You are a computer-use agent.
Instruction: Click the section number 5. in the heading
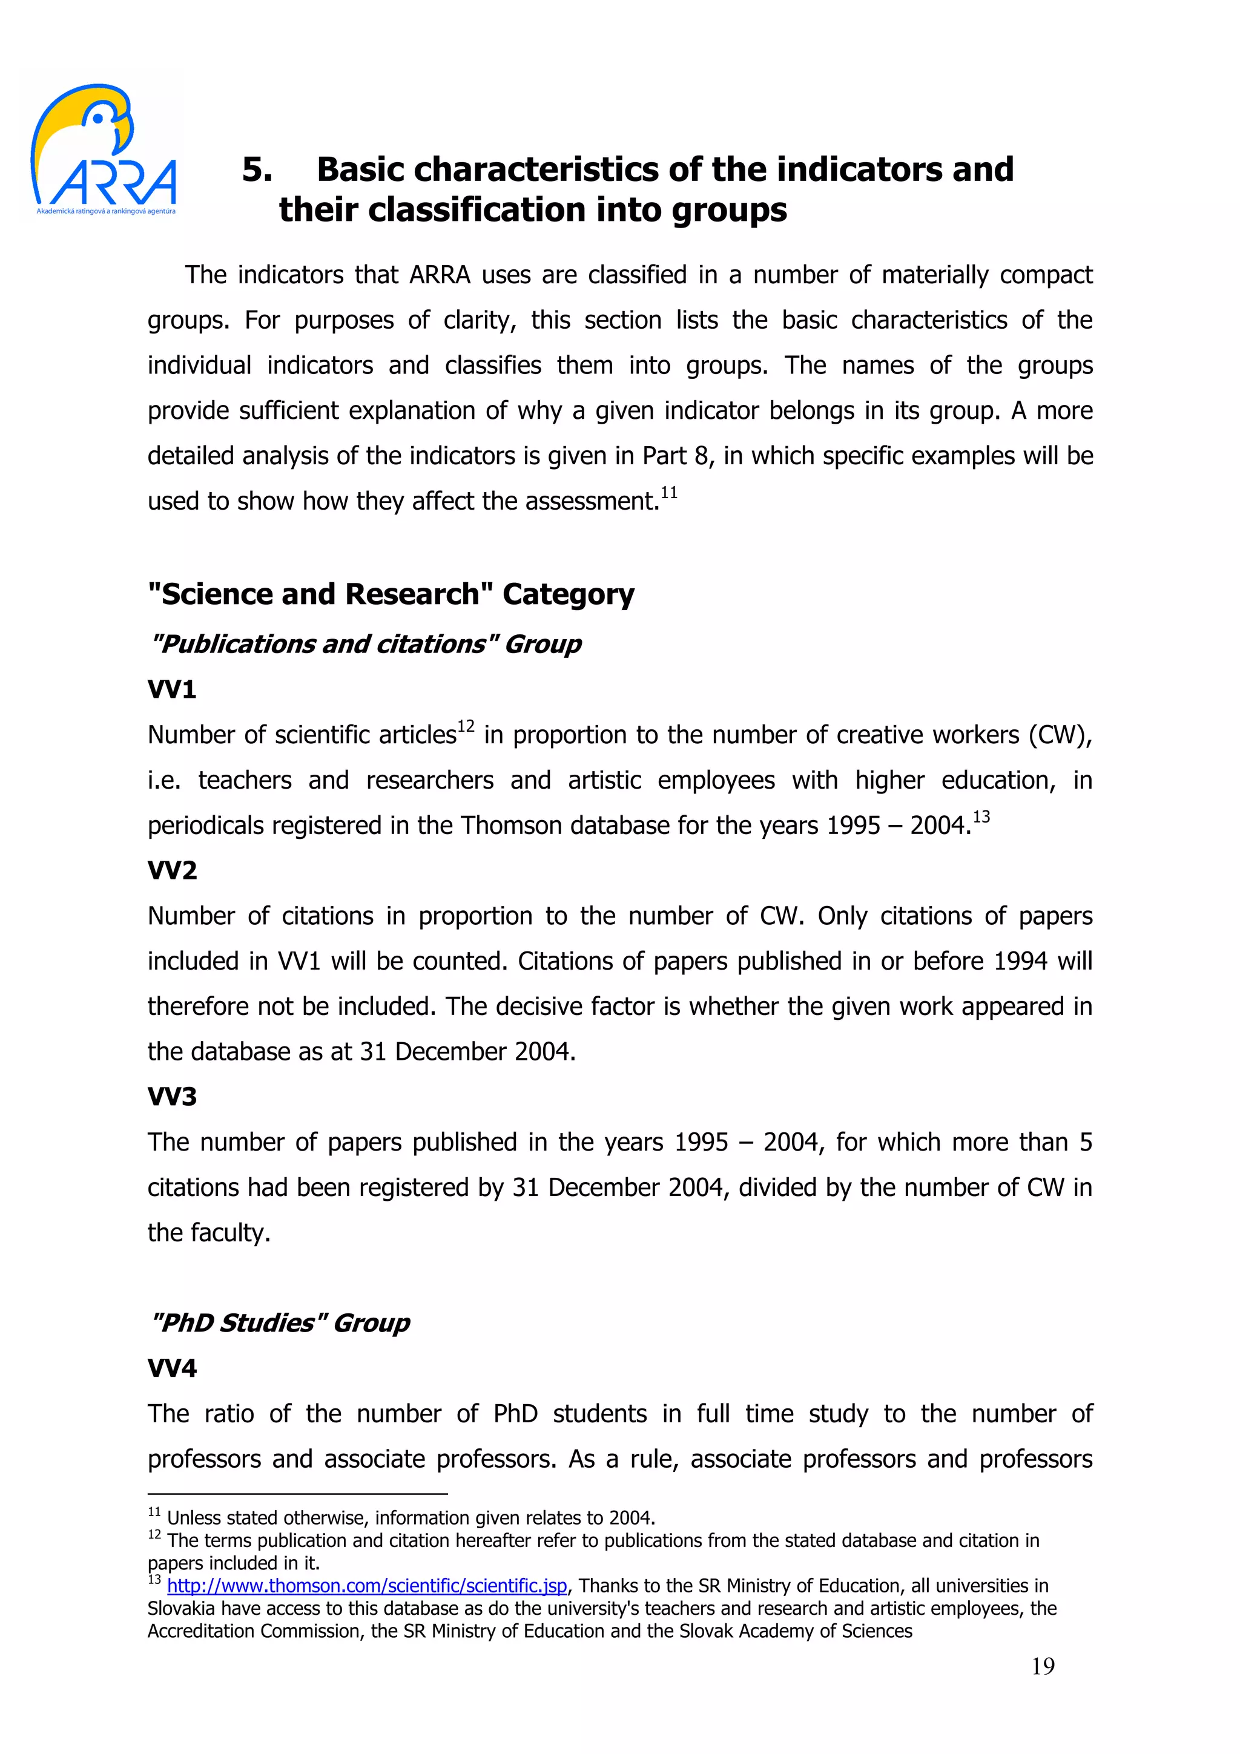pyautogui.click(x=257, y=169)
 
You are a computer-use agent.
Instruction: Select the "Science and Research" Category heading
pyautogui.click(x=391, y=594)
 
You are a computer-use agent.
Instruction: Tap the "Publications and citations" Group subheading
pyautogui.click(x=365, y=644)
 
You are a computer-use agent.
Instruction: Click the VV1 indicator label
pyautogui.click(x=172, y=690)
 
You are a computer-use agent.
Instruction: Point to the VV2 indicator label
pyautogui.click(x=172, y=870)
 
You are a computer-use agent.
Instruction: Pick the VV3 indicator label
pyautogui.click(x=172, y=1097)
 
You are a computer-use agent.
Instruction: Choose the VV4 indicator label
pyautogui.click(x=172, y=1368)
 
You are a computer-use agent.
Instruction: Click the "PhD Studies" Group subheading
pyautogui.click(x=280, y=1323)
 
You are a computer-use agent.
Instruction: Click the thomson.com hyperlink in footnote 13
pyautogui.click(x=367, y=1586)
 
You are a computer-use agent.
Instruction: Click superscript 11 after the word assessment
pyautogui.click(x=668, y=493)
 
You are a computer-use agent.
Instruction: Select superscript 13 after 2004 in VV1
pyautogui.click(x=981, y=816)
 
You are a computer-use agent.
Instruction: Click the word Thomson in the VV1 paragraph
pyautogui.click(x=507, y=826)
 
